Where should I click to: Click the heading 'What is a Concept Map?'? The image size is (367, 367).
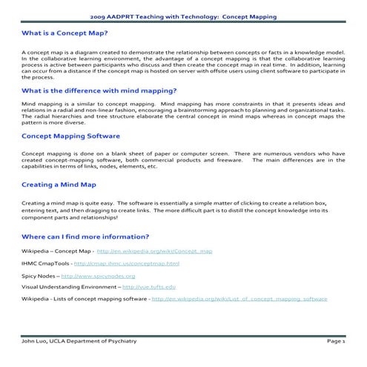(65, 33)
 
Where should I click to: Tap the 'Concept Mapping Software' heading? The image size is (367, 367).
(70, 136)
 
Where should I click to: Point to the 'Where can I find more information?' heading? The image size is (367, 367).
(85, 236)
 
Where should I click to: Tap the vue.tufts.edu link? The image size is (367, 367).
(149, 286)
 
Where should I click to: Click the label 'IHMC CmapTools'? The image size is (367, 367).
(46, 263)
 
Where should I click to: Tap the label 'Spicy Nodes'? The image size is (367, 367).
(36, 275)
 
